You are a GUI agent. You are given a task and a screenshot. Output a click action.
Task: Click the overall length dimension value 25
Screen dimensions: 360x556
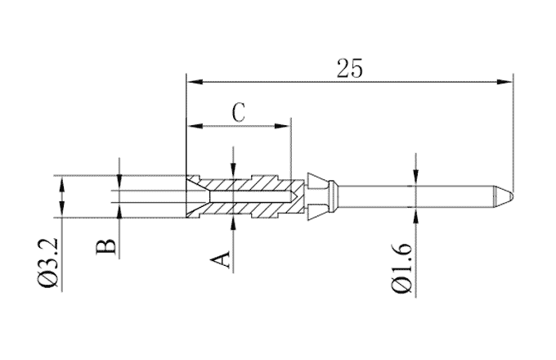point(349,68)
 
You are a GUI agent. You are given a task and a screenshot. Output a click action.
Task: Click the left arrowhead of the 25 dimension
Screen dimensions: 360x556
point(193,81)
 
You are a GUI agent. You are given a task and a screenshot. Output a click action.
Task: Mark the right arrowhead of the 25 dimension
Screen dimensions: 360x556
point(506,81)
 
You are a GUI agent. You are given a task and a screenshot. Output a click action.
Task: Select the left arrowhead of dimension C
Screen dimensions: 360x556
point(195,126)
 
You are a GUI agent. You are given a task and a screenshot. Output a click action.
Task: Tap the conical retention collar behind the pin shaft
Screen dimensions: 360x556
point(317,196)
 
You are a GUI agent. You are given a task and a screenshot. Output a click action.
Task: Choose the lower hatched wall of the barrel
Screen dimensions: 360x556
point(245,210)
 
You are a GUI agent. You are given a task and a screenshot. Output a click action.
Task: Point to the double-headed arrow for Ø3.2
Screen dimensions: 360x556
point(61,196)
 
